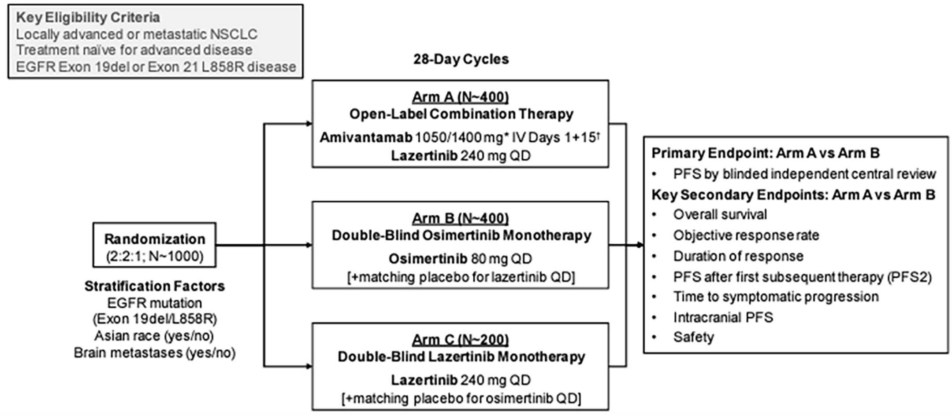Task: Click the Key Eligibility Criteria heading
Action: click(88, 18)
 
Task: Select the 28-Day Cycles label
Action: click(461, 59)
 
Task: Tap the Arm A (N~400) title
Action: click(461, 97)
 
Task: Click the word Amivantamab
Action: click(366, 138)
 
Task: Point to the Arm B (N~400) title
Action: click(461, 218)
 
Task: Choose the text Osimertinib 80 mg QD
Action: click(461, 259)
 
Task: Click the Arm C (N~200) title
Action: click(461, 340)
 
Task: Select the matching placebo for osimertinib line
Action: click(461, 399)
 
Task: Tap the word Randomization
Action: click(155, 239)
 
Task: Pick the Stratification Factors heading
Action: click(155, 286)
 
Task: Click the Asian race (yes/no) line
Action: click(154, 336)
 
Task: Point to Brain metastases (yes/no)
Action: click(155, 353)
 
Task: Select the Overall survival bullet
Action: click(720, 214)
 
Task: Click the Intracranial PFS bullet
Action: click(723, 317)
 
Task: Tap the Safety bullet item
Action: click(693, 337)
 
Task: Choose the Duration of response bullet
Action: click(738, 256)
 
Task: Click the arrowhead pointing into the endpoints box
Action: click(640, 245)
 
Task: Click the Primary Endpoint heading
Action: click(765, 153)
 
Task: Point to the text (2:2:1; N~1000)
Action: click(155, 256)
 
